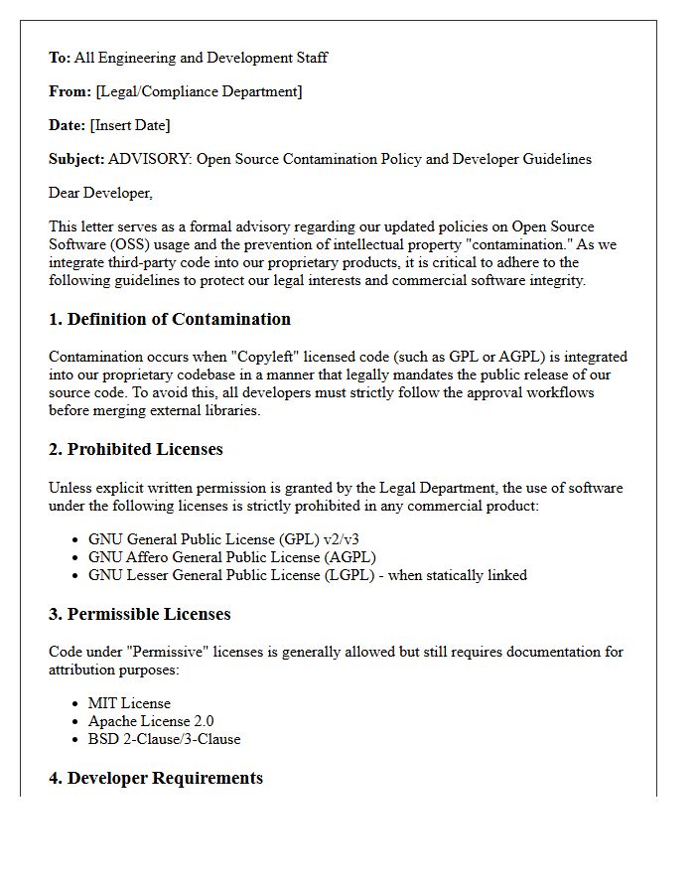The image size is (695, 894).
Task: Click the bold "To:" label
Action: click(60, 58)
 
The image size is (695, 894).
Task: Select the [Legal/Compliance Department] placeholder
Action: click(199, 91)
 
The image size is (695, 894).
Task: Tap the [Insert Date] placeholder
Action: click(130, 125)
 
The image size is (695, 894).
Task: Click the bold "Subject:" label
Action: click(76, 159)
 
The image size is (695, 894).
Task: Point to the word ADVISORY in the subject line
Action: click(148, 159)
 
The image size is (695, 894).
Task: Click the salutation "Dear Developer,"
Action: click(101, 193)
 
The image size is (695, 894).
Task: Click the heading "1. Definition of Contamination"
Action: click(170, 319)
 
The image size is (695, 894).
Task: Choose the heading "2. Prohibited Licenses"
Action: click(136, 449)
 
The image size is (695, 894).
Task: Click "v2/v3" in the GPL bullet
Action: click(339, 539)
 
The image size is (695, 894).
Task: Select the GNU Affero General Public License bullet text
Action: click(232, 557)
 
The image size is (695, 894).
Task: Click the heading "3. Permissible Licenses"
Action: click(140, 614)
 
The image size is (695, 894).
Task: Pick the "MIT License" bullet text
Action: click(129, 703)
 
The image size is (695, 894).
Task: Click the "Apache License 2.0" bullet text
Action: click(151, 721)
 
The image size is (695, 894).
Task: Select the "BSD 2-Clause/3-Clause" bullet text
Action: click(164, 739)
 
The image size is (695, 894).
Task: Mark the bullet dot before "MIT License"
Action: click(76, 704)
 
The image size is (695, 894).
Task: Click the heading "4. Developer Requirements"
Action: click(156, 778)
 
